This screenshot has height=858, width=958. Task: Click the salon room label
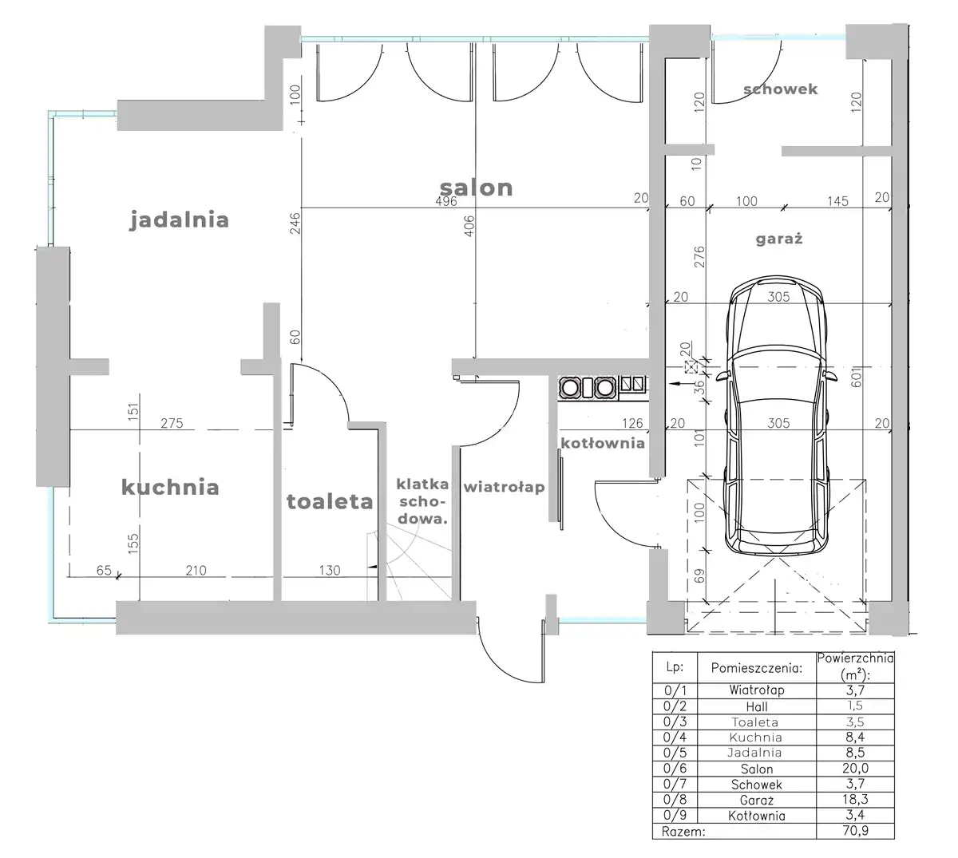coord(476,188)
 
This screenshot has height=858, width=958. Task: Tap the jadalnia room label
coord(179,219)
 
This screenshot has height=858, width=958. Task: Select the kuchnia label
coord(170,487)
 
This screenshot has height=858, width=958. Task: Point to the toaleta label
coord(330,501)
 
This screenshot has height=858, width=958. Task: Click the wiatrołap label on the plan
coord(504,488)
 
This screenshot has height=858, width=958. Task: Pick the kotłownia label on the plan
coord(603,443)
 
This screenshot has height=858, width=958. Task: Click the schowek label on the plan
coord(781,89)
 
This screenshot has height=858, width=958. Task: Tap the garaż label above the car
coord(779,239)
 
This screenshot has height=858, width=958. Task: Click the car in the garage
coord(777,416)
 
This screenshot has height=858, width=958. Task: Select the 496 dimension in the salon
coord(446,201)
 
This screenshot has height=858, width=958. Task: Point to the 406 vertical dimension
coord(469,226)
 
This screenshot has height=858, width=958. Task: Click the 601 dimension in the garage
coord(857,378)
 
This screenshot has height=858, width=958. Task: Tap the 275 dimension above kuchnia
coord(172,423)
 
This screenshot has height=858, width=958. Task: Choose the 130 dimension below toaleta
coord(330,571)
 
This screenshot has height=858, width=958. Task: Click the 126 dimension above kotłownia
coord(632,423)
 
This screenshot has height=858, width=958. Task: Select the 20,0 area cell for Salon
coord(855,768)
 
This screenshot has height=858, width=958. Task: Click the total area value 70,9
coord(855,831)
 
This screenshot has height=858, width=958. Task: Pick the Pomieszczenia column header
coord(757,668)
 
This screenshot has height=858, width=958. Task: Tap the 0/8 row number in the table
coord(675,800)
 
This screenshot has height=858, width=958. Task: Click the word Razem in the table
coord(683,832)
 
